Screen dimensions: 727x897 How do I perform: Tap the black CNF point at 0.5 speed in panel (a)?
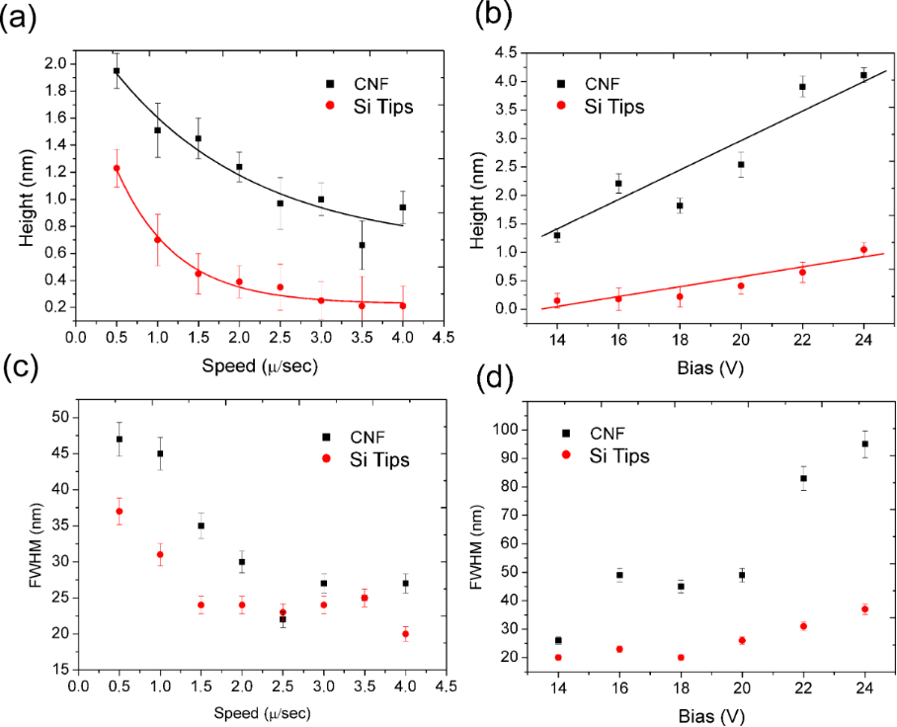[x=117, y=71]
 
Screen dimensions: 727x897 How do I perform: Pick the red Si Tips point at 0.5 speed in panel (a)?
[x=117, y=168]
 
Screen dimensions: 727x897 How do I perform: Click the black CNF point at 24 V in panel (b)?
[x=863, y=75]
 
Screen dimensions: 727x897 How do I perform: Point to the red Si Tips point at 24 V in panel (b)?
[x=863, y=249]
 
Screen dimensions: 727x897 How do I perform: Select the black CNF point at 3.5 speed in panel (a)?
[x=362, y=245]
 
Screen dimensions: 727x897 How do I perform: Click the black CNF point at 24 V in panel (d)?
[x=864, y=444]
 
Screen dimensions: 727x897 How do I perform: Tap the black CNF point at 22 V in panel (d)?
[x=803, y=478]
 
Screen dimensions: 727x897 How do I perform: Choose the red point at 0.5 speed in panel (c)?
[x=119, y=511]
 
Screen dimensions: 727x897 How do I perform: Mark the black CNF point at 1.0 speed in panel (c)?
[x=160, y=453]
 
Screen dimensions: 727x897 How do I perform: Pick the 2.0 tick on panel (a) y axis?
[x=51, y=64]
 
